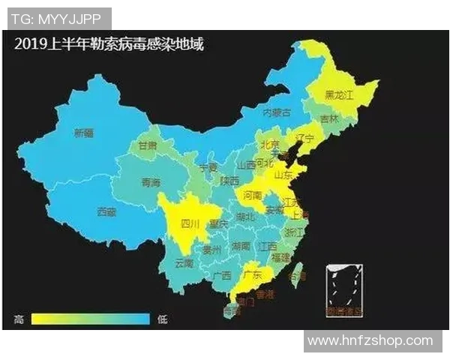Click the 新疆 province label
pos(84,133)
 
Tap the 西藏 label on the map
pos(107,212)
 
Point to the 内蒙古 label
pos(276,112)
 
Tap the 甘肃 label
pos(148,145)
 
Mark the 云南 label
pos(184,263)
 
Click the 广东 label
pos(253,274)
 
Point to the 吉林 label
pos(329,119)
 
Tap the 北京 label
pos(269,144)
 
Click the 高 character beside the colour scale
pos(19,319)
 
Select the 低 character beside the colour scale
pos(162,319)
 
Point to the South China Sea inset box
pos(343,289)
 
